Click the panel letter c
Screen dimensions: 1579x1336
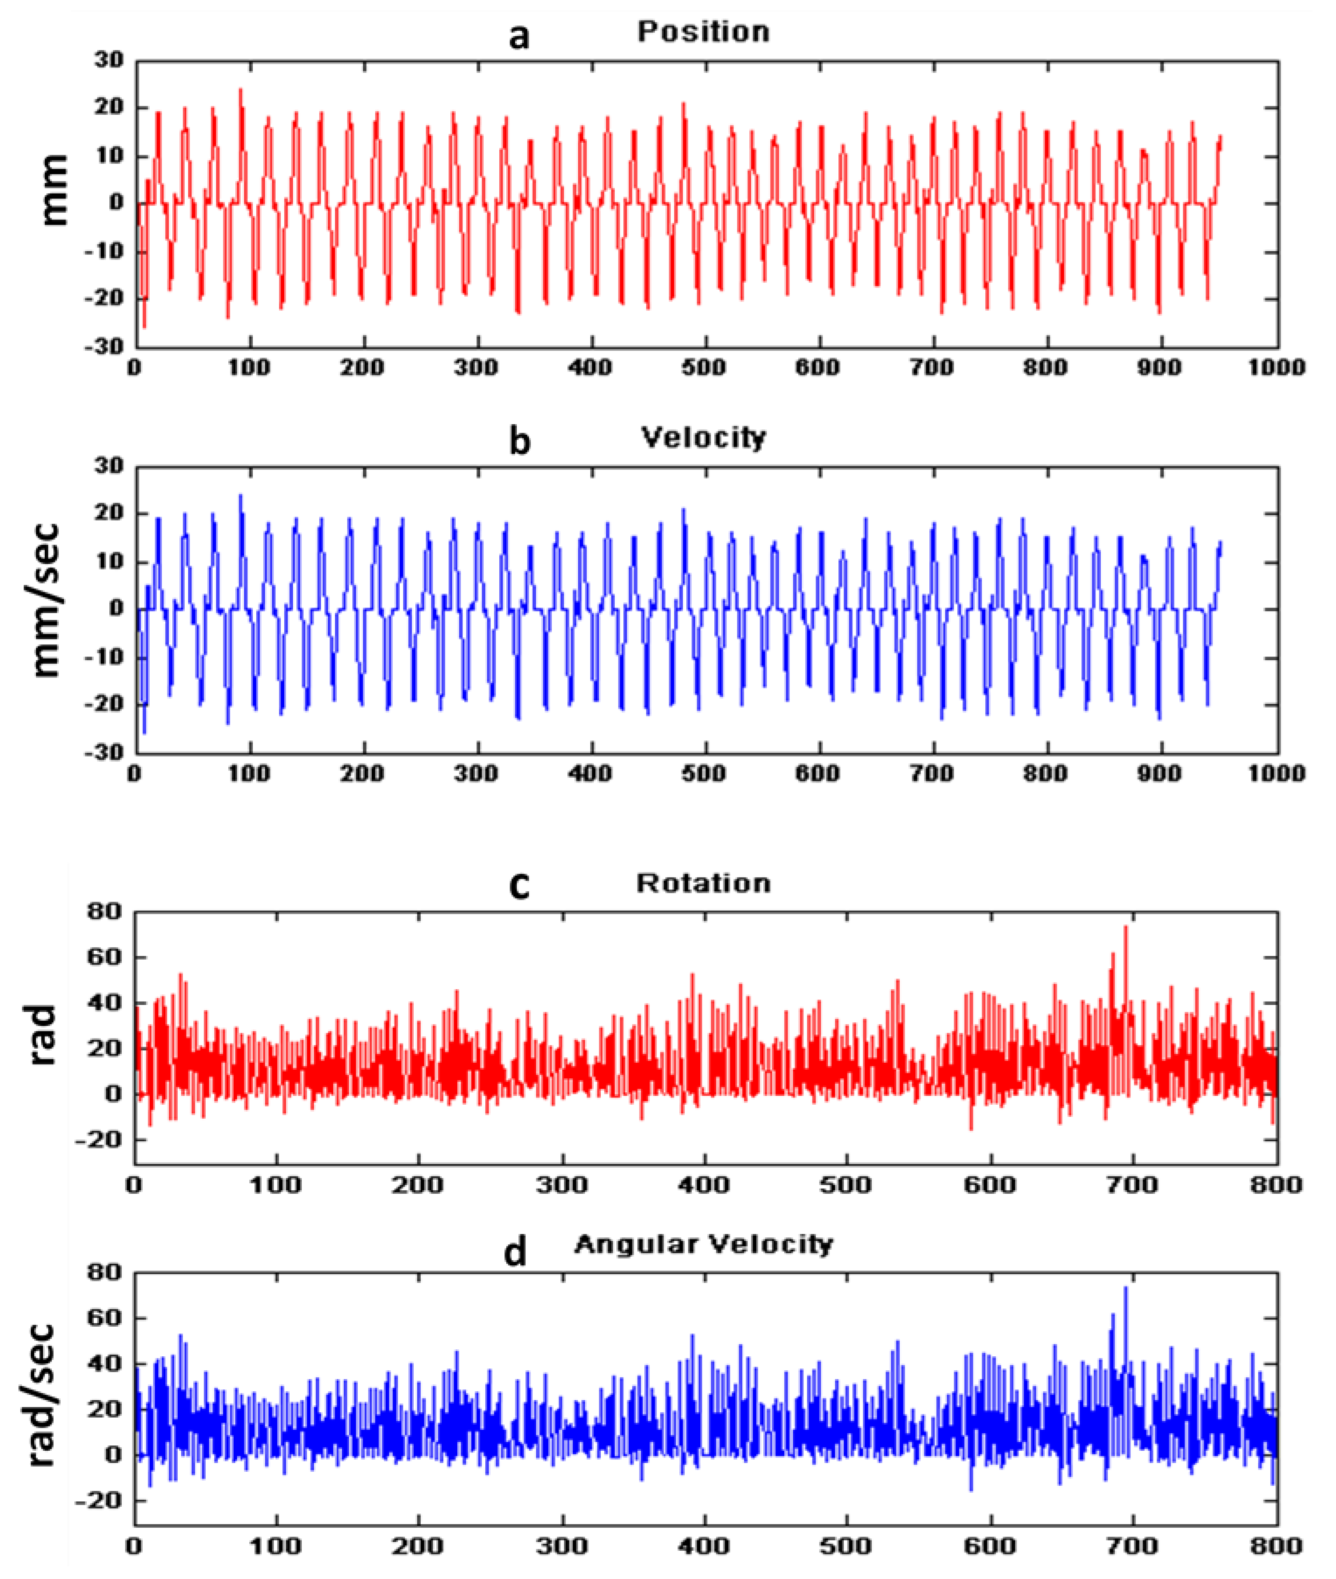pos(519,886)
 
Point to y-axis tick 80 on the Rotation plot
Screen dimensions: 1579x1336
pos(107,913)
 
